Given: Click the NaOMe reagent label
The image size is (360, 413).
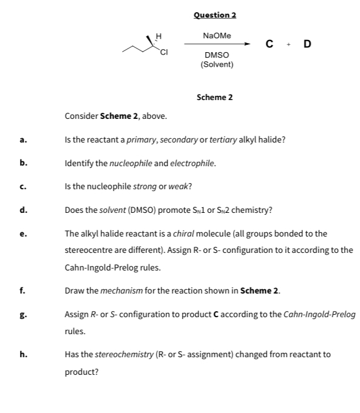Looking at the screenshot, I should (217, 36).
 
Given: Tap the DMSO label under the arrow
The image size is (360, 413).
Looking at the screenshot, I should (217, 55).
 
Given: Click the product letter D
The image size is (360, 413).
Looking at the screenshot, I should (307, 44).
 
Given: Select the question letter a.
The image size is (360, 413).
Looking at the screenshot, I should (23, 140).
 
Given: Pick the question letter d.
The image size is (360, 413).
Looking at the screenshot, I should (23, 210).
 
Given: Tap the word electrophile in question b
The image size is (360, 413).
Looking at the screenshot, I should (193, 163).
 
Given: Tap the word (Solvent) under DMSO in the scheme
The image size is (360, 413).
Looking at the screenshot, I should (217, 64).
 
